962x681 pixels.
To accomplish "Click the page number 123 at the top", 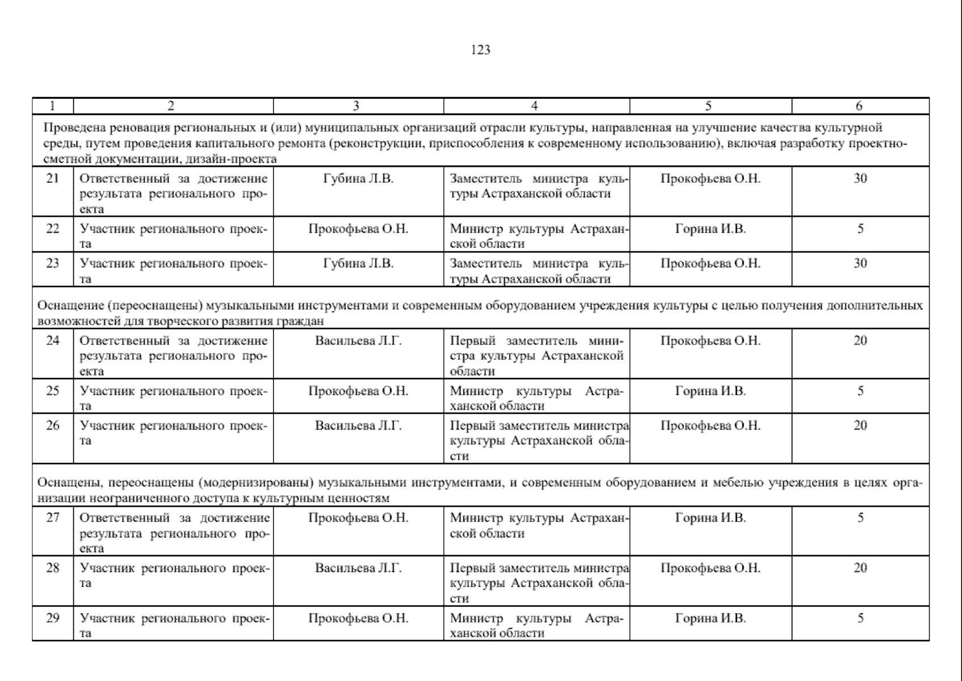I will click(480, 50).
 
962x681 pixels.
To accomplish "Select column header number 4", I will click(534, 106).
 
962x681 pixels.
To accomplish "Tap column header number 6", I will click(859, 106).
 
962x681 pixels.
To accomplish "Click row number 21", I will click(52, 179).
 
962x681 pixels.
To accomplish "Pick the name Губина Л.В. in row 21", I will click(358, 179).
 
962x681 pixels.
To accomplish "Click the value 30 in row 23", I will click(860, 263).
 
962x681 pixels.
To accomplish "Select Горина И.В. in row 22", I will click(710, 229).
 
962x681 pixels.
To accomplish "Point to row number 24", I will click(52, 341).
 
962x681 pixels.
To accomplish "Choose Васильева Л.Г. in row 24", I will click(358, 341).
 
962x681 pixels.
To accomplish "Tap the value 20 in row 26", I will click(860, 426).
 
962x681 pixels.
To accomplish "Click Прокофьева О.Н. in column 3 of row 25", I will click(358, 392).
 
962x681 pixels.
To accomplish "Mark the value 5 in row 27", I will click(860, 518).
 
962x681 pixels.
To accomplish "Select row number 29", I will click(52, 619).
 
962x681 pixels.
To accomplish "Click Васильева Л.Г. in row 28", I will click(358, 568).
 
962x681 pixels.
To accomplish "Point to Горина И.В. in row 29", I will click(710, 619).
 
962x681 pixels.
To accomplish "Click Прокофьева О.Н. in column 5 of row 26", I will click(710, 426).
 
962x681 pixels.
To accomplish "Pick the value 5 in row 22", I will click(860, 229).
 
